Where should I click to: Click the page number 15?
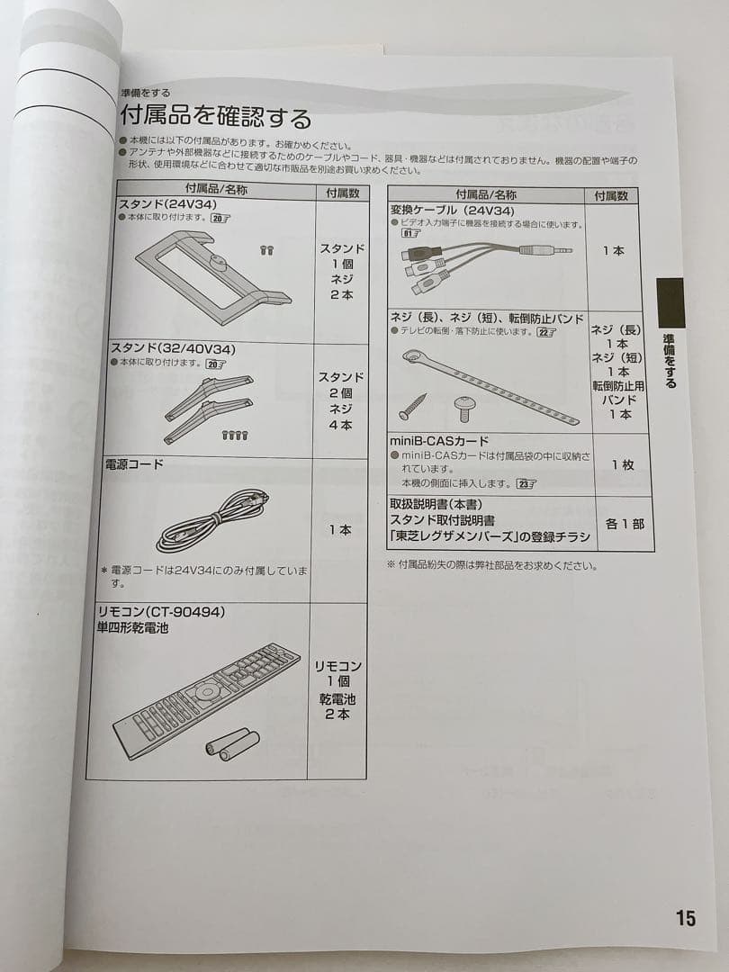(x=685, y=918)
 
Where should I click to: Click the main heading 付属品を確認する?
(x=215, y=118)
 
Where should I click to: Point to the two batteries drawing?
(x=232, y=742)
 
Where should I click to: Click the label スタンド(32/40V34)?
(x=166, y=347)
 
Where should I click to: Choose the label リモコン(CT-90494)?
(x=160, y=612)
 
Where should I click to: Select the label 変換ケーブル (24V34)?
(x=451, y=211)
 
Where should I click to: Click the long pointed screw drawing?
(x=412, y=406)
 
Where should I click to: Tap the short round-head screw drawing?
(x=464, y=408)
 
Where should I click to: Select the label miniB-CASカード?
(x=439, y=441)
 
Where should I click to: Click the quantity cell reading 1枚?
(x=623, y=464)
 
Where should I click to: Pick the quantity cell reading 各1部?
(x=624, y=523)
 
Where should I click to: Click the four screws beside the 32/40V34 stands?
(x=235, y=436)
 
